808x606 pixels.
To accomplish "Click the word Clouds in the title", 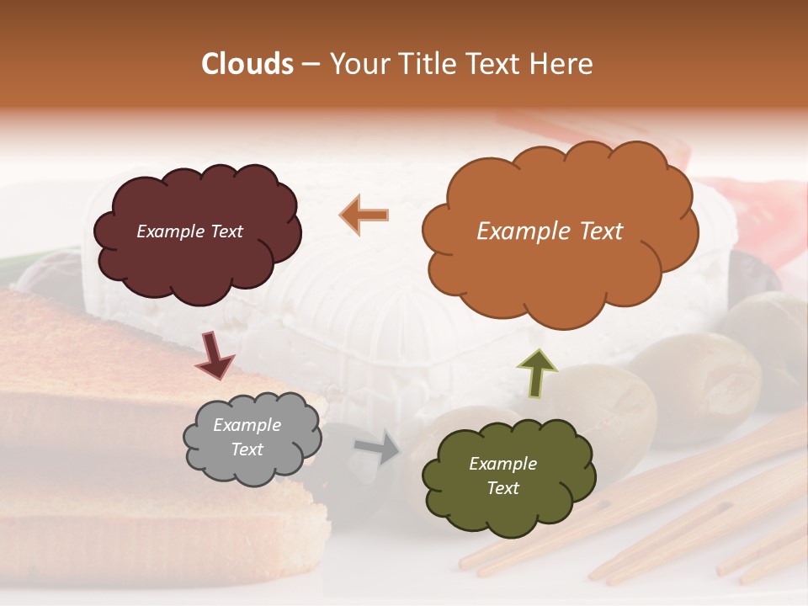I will click(247, 64).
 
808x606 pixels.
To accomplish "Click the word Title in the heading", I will click(424, 64).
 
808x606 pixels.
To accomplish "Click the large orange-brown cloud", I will click(560, 269).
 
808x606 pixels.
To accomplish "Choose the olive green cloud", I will click(509, 513).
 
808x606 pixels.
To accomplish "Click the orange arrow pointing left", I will click(364, 215).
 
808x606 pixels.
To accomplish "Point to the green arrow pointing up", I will click(536, 373).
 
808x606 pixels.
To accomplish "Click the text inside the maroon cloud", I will click(189, 231).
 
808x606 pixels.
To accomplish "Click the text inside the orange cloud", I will click(550, 231).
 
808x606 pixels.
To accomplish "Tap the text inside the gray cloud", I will click(247, 438).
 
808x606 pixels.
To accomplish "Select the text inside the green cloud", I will click(502, 476).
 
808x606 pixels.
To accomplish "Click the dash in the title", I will click(311, 64).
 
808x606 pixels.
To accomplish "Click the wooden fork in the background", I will click(673, 522).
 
